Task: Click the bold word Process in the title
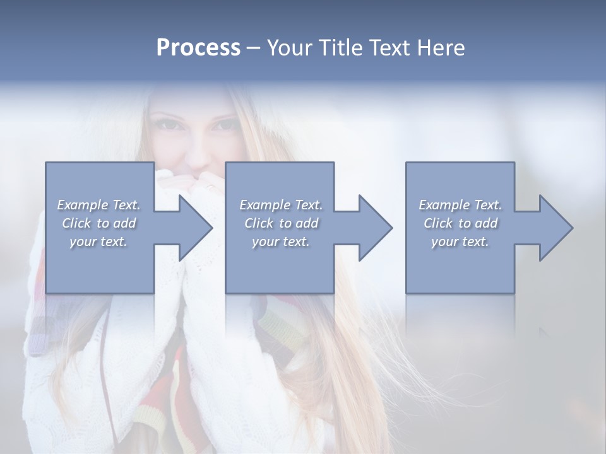pyautogui.click(x=198, y=48)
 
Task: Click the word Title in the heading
pyautogui.click(x=342, y=48)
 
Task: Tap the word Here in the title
pyautogui.click(x=441, y=48)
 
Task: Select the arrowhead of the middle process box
pyautogui.click(x=374, y=228)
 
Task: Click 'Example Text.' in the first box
pyautogui.click(x=98, y=205)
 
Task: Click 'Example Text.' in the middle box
pyautogui.click(x=281, y=205)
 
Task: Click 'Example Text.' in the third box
pyautogui.click(x=460, y=205)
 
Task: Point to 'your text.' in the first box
pyautogui.click(x=98, y=242)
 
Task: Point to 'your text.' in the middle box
pyautogui.click(x=281, y=242)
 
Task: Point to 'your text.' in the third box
pyautogui.click(x=460, y=242)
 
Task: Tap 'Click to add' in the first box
pyautogui.click(x=98, y=223)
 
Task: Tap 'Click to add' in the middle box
pyautogui.click(x=281, y=223)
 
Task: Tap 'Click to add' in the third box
pyautogui.click(x=460, y=223)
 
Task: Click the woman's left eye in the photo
pyautogui.click(x=225, y=124)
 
